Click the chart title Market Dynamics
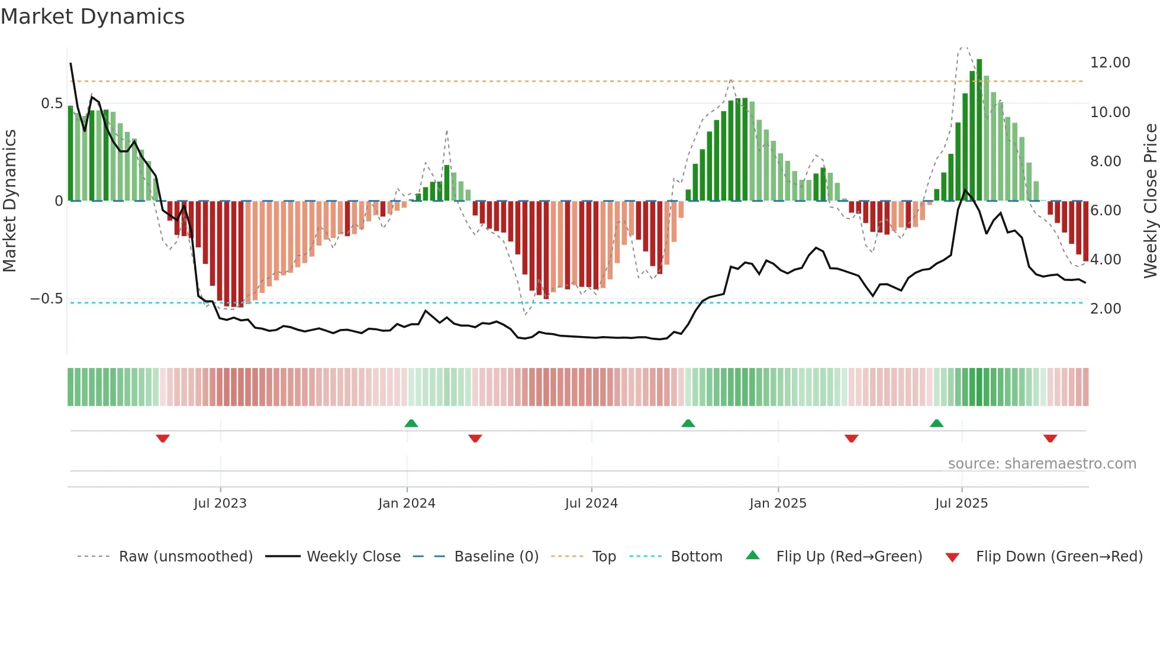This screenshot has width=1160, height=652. (92, 17)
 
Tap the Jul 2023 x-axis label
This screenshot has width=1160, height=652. (220, 503)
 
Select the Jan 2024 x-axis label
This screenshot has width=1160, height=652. (407, 503)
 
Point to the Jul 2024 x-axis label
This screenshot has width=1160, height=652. (591, 503)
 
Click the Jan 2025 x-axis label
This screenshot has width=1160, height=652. (778, 503)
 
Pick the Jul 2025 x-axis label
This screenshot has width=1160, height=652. (961, 503)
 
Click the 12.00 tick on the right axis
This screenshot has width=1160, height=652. (1110, 63)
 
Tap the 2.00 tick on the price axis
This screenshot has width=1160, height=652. (1105, 309)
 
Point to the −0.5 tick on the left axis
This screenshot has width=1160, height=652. (46, 299)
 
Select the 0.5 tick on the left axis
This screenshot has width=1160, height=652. (51, 104)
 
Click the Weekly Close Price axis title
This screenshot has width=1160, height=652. (1150, 201)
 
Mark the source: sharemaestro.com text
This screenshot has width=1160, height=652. (1042, 464)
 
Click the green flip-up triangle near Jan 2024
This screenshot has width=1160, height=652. (411, 423)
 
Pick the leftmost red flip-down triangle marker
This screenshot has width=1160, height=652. (163, 438)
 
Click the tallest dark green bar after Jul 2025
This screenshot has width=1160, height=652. (979, 130)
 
